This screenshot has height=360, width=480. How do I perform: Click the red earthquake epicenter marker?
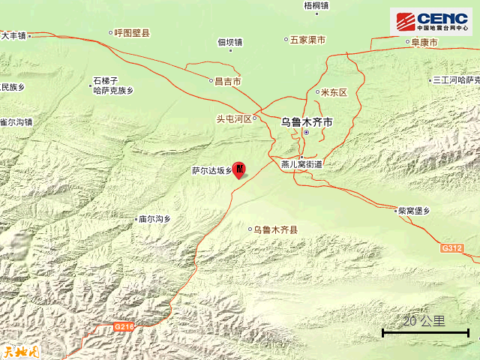239,170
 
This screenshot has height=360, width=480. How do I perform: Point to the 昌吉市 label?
227,80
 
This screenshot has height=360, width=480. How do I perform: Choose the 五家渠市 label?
307,39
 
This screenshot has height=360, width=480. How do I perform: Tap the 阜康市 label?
424,43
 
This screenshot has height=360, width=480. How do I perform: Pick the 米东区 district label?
334,92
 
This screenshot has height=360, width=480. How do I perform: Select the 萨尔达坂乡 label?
211,170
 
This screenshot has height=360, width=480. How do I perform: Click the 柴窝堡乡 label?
416,211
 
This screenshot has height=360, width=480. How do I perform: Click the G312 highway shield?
451,247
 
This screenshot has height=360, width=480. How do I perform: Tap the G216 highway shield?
124,326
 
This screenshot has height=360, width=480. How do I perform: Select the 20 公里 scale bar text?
424,321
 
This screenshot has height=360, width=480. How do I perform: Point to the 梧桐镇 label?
316,6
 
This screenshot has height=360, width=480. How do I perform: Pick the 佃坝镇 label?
230,42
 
